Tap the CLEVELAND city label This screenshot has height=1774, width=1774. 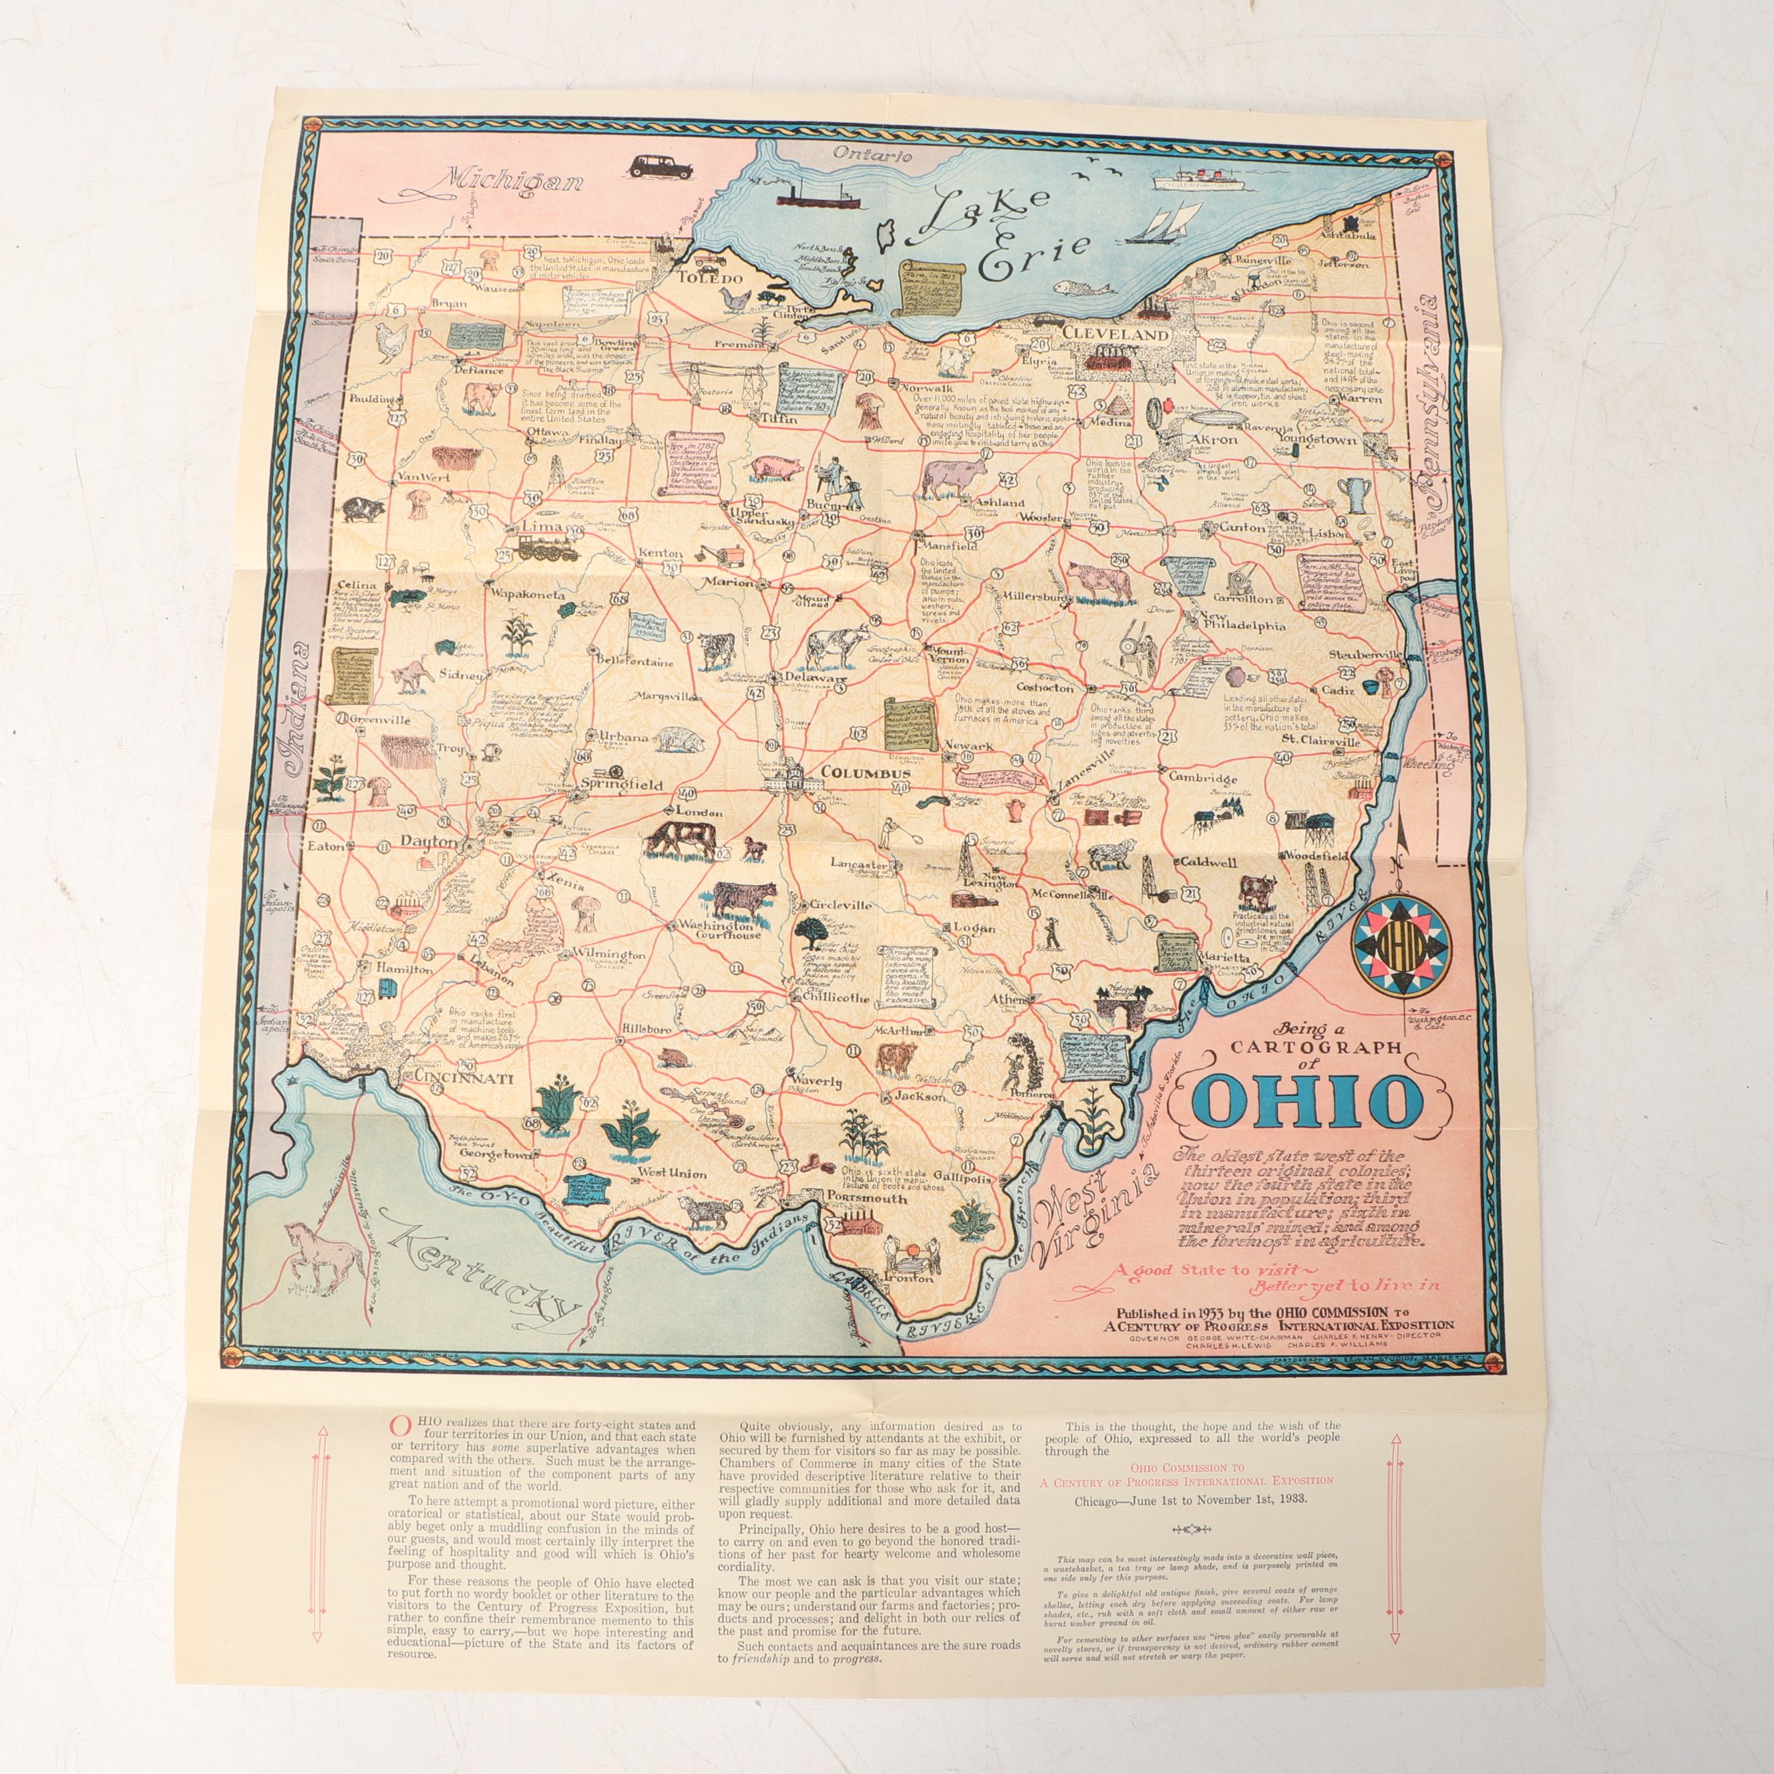1114,335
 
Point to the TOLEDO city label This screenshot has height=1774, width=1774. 709,277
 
